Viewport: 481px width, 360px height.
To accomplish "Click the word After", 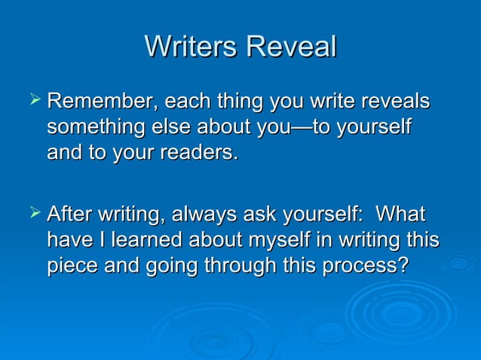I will (70, 215).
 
